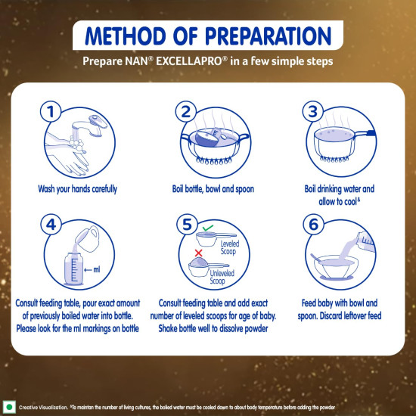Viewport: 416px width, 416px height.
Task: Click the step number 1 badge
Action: point(51,111)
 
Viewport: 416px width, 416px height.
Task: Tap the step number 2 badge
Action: point(183,111)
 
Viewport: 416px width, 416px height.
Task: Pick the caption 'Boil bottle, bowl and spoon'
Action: point(208,189)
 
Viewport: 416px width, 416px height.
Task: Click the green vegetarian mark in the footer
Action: point(10,405)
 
